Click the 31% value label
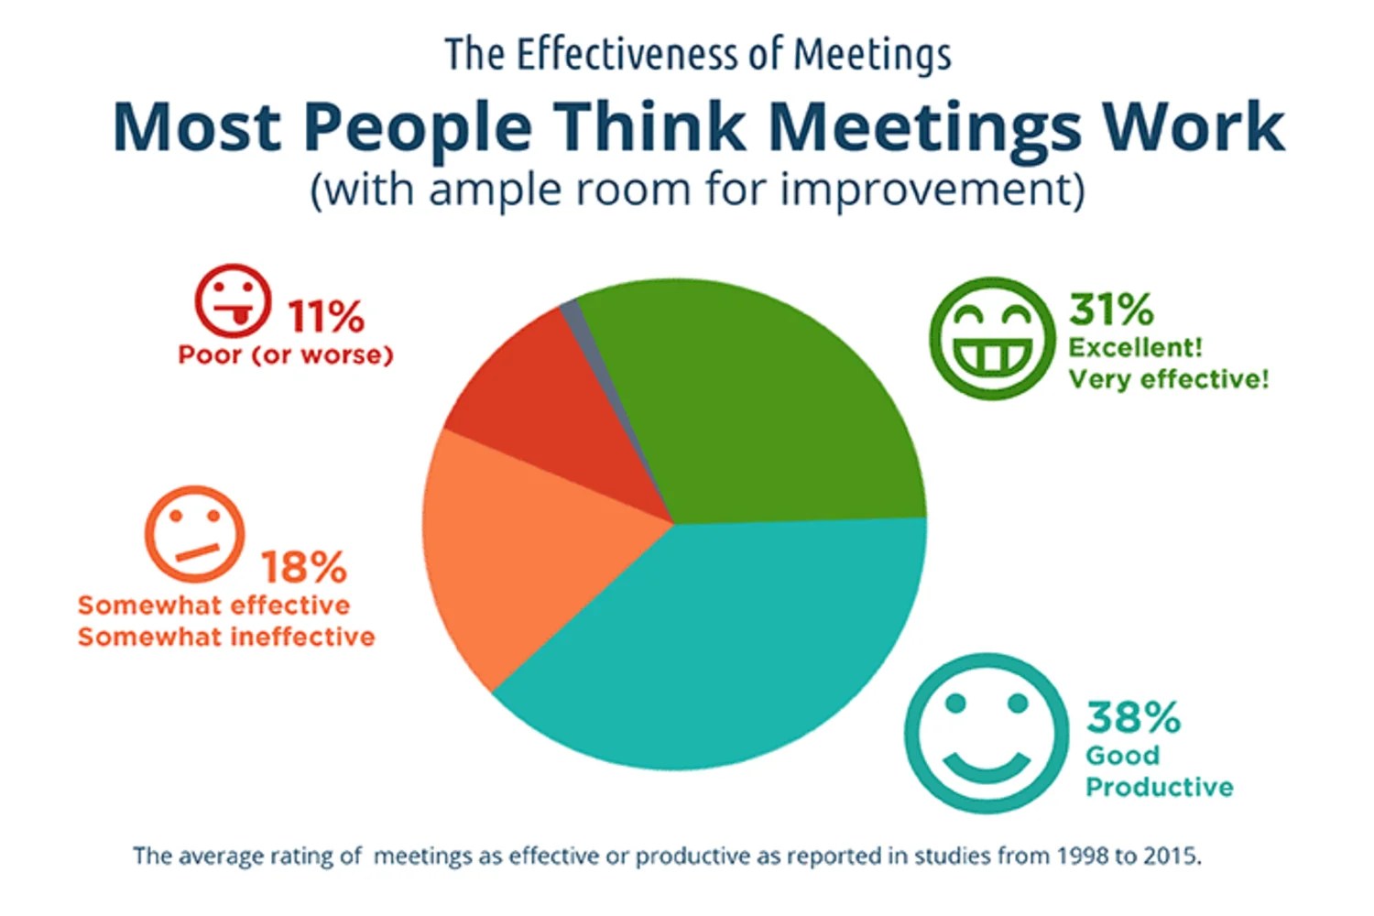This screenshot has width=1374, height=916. coord(1111,310)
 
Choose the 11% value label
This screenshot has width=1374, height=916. coord(325,317)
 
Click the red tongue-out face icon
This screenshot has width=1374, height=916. coord(233,301)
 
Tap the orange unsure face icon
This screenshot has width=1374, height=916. coord(194,534)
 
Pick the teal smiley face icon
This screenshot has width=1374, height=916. coord(986,733)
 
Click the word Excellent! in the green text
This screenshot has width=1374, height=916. coord(1135,348)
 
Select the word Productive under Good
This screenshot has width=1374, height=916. coord(1159,787)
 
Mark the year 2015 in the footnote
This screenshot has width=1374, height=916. coord(1173,856)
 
